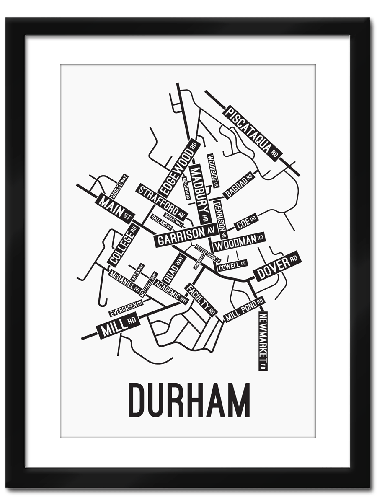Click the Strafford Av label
pos(161,202)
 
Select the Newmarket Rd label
pos(263,341)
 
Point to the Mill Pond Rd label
pos(244,309)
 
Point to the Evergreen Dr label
pos(126,308)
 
